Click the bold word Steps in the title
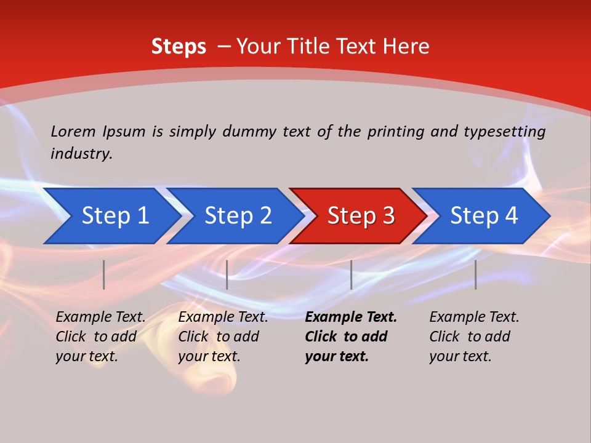coord(179,47)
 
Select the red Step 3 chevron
coord(360,216)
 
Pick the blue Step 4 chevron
coord(484,216)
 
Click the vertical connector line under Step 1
coord(104,274)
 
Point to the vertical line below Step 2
coord(227,274)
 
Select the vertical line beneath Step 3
coord(351,274)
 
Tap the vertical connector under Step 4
coord(475,274)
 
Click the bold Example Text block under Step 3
coord(351,337)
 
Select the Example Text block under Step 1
coord(101,337)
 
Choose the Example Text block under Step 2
coord(223,337)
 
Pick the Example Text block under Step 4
coord(474,337)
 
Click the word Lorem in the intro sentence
coord(73,132)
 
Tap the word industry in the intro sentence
coord(81,154)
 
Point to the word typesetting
coord(504,132)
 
